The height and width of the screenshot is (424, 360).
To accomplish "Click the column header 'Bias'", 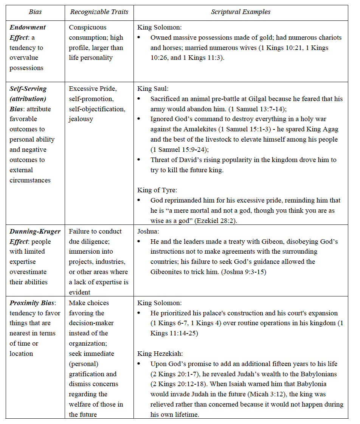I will point(35,12).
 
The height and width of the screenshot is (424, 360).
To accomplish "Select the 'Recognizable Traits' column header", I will point(99,12).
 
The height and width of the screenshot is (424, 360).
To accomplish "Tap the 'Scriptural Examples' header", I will point(241,12).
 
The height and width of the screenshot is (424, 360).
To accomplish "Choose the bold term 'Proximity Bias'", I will point(32,303).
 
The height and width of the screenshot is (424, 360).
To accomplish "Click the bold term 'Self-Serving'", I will point(28,89).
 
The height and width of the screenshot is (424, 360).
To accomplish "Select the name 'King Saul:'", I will point(153,89).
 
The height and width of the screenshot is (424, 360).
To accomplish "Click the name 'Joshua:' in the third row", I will point(148,231).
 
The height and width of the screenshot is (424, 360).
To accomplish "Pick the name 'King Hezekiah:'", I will point(160,354).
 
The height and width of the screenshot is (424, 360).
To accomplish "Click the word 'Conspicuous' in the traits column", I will point(88,27).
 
